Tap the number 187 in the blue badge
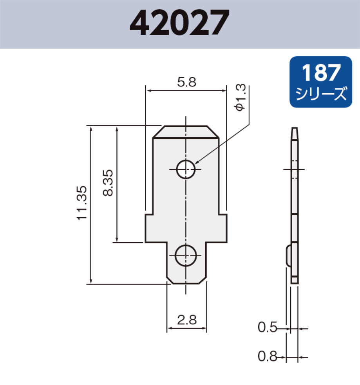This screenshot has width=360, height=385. [321, 73]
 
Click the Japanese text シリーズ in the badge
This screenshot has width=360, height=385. [321, 94]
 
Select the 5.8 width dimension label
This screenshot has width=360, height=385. [186, 82]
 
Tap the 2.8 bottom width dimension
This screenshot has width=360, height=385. [186, 320]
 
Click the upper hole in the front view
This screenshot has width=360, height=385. [186, 169]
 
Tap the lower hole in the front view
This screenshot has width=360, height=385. [186, 256]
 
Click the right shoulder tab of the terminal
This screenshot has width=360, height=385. [222, 228]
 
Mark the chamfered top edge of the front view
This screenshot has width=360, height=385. [186, 132]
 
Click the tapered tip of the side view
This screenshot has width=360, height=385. [295, 133]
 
